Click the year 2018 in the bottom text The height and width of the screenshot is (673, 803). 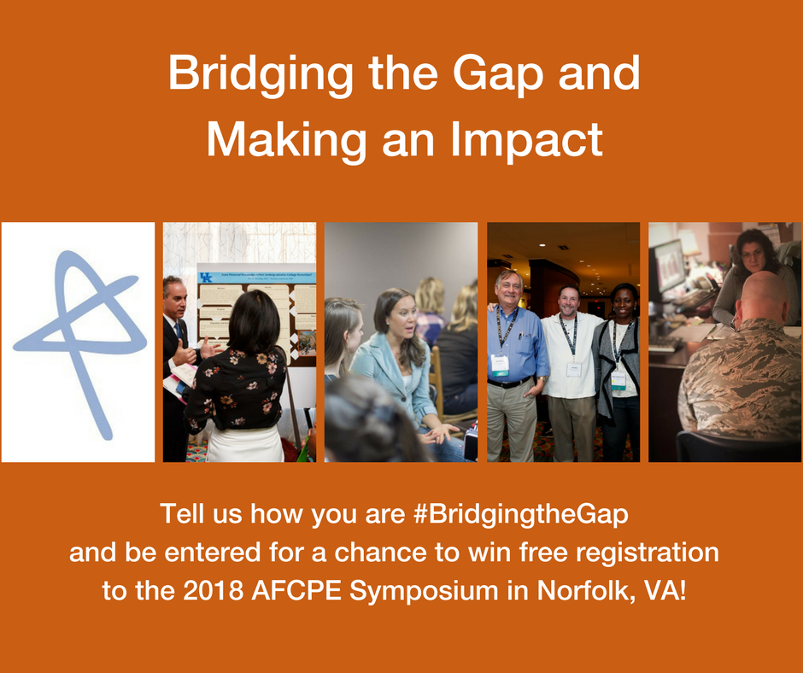(213, 590)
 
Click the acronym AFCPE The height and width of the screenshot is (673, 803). (296, 590)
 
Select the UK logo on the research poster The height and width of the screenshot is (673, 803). (205, 277)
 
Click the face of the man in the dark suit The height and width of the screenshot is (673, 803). (177, 300)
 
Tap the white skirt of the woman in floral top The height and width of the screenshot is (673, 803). (245, 443)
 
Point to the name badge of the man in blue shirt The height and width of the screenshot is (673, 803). (500, 366)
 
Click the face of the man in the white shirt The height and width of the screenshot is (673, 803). (569, 301)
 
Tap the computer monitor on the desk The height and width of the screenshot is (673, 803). (667, 266)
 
